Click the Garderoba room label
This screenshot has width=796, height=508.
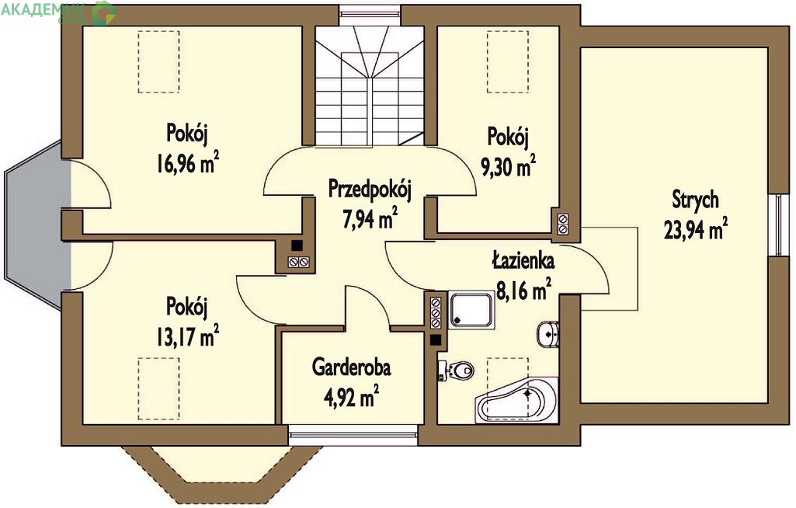[351, 367]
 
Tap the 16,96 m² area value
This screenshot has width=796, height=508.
[188, 163]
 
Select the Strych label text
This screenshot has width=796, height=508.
[696, 200]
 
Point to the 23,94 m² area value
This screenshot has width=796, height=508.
[696, 229]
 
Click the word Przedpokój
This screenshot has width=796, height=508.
[370, 189]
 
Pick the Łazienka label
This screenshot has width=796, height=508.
[523, 259]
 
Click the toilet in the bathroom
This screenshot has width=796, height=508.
[457, 371]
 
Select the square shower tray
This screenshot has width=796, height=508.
[471, 310]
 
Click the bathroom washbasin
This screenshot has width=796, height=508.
[548, 334]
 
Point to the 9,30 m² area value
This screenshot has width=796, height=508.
[508, 166]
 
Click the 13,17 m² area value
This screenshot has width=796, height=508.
[187, 336]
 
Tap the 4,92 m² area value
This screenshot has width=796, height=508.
[351, 397]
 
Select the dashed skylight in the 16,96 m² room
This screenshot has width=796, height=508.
[159, 61]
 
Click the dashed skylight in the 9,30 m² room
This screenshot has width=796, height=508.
[508, 61]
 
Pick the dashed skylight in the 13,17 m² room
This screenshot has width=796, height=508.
[159, 388]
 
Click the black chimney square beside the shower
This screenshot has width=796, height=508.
[436, 340]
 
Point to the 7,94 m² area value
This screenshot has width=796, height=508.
[370, 219]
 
